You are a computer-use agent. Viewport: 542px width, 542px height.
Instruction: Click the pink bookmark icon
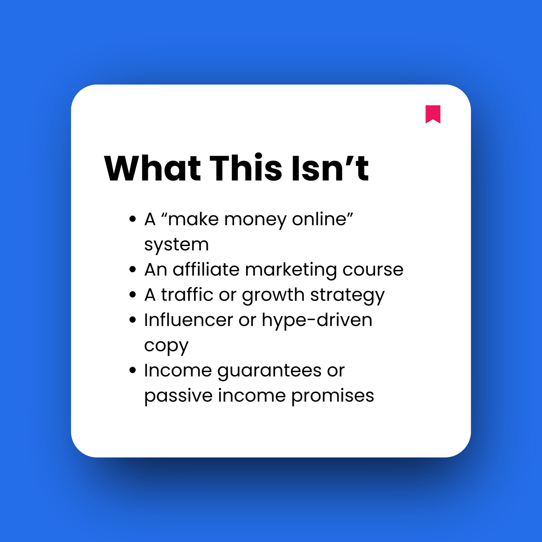433,113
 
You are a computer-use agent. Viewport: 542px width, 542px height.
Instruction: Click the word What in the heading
152,168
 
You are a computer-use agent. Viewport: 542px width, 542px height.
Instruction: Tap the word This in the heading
246,168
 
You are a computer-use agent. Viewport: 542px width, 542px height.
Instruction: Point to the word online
322,219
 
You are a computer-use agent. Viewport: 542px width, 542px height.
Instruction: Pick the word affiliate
206,270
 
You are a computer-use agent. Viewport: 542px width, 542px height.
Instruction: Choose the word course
373,270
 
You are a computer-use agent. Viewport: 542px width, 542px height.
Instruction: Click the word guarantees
269,371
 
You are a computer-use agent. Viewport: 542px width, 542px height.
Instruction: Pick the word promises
332,396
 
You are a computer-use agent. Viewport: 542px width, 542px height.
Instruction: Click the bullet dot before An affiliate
133,270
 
